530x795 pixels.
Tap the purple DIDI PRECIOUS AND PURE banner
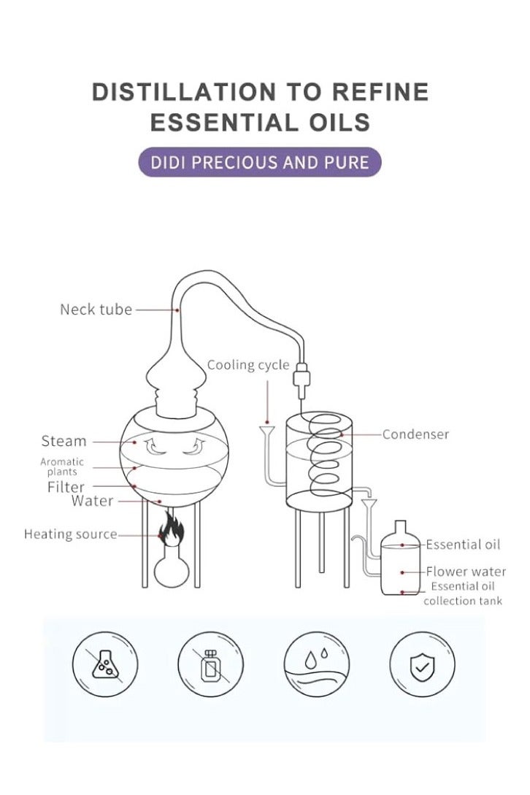click(x=260, y=161)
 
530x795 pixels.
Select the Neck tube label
click(x=96, y=310)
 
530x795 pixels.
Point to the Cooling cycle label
click(x=248, y=365)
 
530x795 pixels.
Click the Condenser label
click(x=415, y=434)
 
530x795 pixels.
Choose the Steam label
click(x=64, y=441)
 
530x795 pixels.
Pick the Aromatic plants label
click(x=62, y=466)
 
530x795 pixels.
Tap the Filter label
click(x=66, y=486)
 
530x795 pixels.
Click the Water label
click(x=92, y=501)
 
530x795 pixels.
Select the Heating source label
click(x=70, y=534)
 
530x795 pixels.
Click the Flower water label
click(x=466, y=572)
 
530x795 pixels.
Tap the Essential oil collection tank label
click(x=463, y=594)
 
